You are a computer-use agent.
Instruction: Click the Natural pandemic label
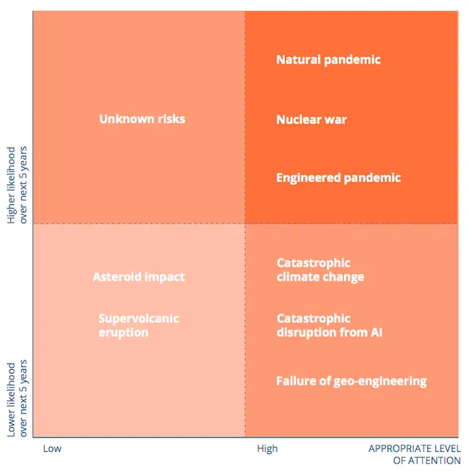328,60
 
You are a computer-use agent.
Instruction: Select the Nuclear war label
312,119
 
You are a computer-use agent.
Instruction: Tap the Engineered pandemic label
339,178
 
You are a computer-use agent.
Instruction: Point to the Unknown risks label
142,119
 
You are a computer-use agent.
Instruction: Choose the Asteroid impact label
139,277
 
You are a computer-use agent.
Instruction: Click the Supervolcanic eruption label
139,325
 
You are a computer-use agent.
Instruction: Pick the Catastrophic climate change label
320,270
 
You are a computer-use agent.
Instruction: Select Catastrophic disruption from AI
330,325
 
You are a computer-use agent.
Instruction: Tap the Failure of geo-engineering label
352,381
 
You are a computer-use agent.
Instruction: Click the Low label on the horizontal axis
52,448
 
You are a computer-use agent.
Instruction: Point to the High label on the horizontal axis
267,448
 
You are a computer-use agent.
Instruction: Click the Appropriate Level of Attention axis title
415,454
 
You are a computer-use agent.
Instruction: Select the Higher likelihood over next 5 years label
17,185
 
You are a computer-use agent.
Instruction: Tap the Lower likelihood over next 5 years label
17,398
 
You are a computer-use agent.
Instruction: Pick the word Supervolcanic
139,319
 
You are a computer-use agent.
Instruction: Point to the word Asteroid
116,277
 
